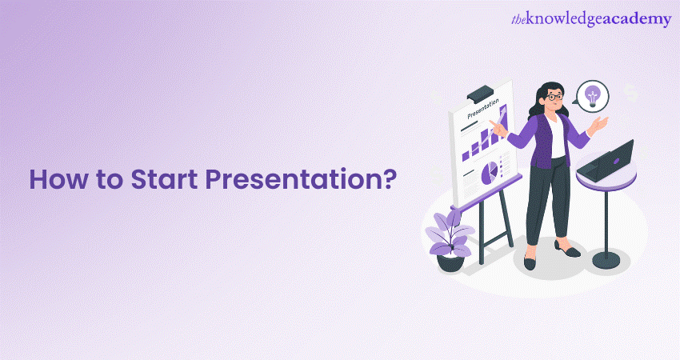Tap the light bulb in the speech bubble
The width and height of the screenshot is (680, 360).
pos(592,95)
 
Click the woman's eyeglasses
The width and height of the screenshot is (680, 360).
pos(553,96)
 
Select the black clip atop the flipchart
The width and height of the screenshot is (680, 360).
pos(479,90)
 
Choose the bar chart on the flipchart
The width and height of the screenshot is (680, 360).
pos(484,145)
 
